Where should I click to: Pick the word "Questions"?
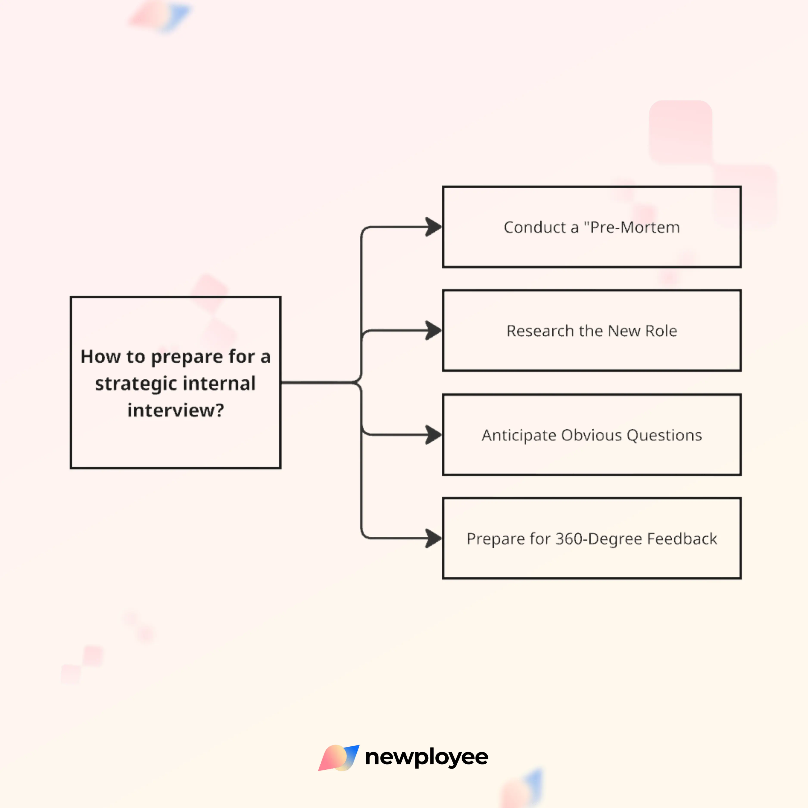point(664,435)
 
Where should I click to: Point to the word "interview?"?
point(176,410)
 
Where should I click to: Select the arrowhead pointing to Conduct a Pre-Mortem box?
point(433,227)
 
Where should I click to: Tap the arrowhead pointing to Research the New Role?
point(433,330)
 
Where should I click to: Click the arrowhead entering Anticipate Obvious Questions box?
point(433,435)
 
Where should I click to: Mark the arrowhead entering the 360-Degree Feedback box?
point(433,538)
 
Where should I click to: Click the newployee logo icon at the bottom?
point(338,757)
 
